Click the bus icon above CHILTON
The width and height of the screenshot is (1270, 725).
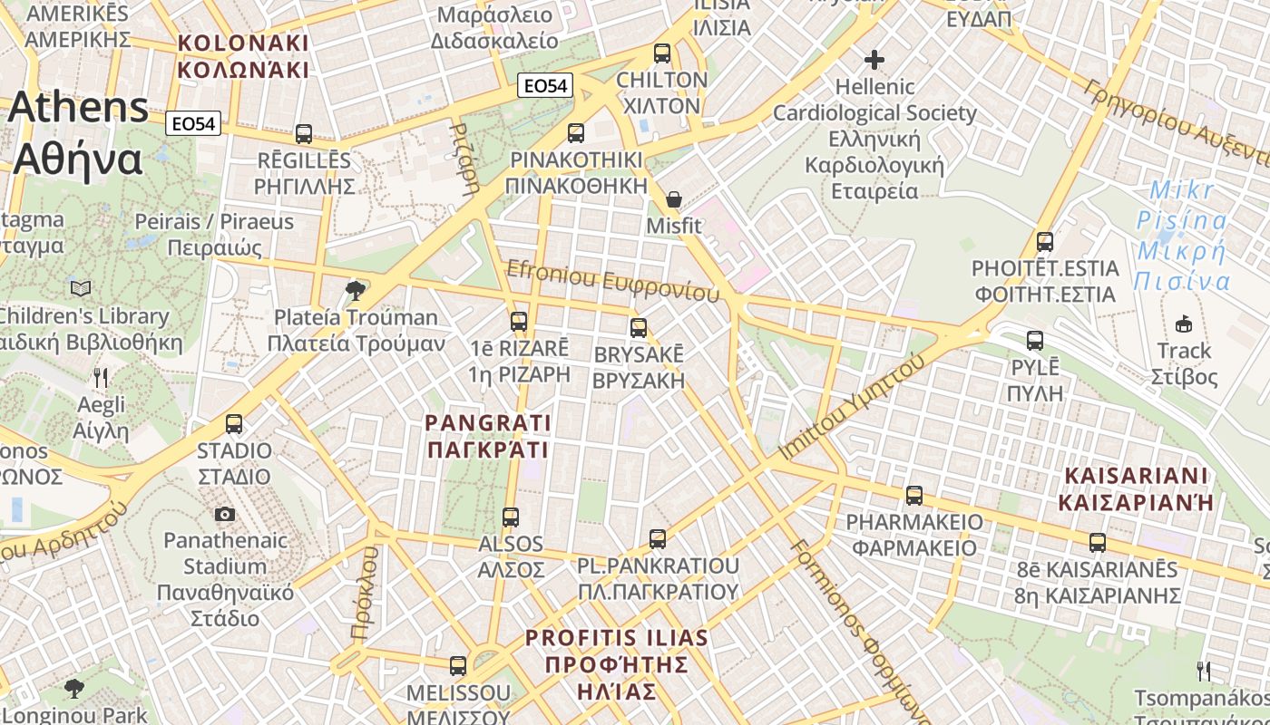click(x=662, y=53)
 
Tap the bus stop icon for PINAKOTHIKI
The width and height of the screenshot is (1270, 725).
click(x=575, y=133)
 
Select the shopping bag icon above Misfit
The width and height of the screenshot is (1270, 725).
click(x=674, y=199)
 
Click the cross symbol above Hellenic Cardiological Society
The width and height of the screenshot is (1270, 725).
click(x=874, y=60)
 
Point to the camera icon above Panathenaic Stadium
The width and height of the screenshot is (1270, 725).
click(x=225, y=515)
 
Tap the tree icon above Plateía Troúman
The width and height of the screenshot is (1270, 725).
click(x=356, y=290)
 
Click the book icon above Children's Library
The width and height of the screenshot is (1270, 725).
click(x=81, y=288)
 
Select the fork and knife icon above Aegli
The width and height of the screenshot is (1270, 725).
click(x=101, y=377)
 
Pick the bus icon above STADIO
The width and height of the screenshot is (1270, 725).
click(x=234, y=424)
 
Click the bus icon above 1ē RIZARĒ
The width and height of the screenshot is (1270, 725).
click(x=519, y=322)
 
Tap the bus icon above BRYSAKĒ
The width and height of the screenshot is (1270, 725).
click(x=639, y=327)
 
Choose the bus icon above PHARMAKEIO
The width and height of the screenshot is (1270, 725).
click(x=914, y=496)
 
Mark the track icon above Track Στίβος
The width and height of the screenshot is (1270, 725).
click(x=1184, y=324)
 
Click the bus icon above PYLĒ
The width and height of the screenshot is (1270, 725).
click(x=1035, y=341)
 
